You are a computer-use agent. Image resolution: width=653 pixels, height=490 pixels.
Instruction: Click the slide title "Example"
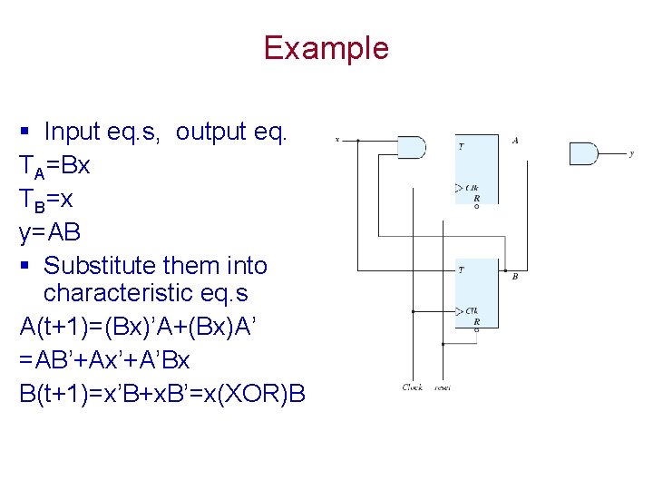pos(326,48)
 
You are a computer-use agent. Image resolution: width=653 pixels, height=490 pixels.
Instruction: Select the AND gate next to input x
pos(412,146)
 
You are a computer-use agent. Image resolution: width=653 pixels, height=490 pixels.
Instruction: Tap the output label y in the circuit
pos(631,153)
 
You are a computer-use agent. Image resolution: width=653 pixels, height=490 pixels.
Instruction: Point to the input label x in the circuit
pos(337,140)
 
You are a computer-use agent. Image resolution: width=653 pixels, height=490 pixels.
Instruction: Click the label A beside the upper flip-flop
pos(515,141)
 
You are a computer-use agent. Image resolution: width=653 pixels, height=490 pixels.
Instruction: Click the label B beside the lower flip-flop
pos(515,276)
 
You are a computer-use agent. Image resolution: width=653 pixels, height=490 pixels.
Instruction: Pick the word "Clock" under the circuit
pos(413,387)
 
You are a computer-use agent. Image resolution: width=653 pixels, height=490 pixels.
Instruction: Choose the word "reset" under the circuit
pos(443,387)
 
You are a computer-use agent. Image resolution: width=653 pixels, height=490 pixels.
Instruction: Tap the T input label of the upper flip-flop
pos(462,146)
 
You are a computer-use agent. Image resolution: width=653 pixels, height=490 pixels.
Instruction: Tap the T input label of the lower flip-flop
pos(462,270)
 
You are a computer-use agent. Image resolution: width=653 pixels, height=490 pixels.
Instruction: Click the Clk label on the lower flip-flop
pos(473,311)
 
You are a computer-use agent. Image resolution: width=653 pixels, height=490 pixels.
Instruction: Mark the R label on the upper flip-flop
pos(477,197)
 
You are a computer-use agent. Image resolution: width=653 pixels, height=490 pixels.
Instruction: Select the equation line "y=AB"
pos(50,233)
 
